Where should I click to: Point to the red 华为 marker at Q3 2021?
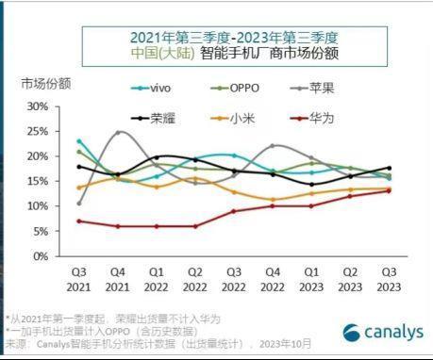(x=79, y=221)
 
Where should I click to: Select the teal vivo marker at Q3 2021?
(x=79, y=141)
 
